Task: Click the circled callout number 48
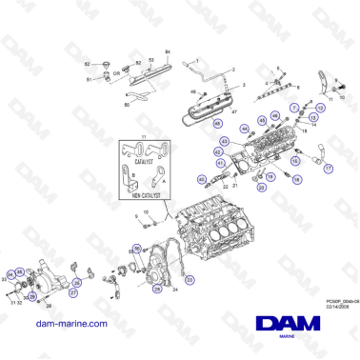tap(218, 125)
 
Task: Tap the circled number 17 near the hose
tap(330, 168)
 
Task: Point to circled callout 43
tap(225, 142)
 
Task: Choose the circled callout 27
tap(72, 292)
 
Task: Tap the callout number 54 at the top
tap(169, 50)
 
